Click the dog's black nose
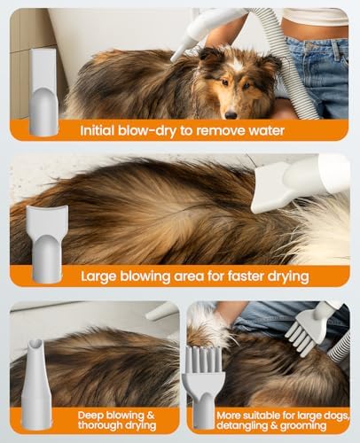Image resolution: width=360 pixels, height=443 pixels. click(x=231, y=114)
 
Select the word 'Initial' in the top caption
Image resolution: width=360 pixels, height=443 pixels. click(x=97, y=130)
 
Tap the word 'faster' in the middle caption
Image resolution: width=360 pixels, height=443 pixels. click(x=247, y=276)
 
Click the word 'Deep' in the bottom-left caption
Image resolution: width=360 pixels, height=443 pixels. click(x=90, y=416)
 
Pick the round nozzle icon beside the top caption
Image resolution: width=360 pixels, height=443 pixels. click(x=43, y=92)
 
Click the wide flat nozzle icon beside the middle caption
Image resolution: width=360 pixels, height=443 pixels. click(x=47, y=245)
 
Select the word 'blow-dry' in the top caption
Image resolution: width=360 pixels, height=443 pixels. click(x=147, y=130)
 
